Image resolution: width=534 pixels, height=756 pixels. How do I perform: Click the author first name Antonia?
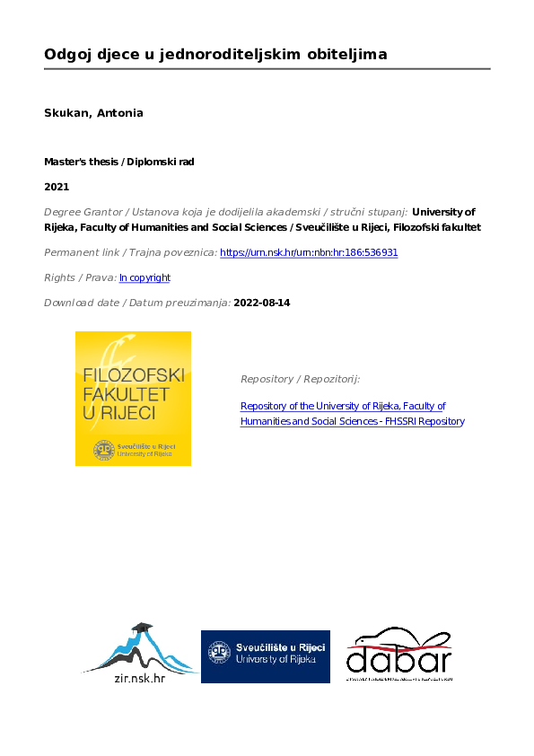pos(120,113)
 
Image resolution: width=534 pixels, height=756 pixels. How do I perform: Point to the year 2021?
pos(56,187)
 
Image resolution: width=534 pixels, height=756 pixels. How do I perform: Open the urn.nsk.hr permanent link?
pos(309,253)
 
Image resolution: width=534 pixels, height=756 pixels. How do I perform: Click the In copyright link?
pos(144,278)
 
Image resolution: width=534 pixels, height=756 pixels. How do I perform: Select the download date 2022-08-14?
pos(261,303)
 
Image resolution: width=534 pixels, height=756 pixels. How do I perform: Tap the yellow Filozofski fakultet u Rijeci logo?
pos(133,399)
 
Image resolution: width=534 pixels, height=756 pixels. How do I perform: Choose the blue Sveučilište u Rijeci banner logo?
pos(265,656)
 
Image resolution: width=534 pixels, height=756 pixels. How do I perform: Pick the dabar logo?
pos(398,655)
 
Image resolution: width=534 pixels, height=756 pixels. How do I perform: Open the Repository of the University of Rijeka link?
pos(343,407)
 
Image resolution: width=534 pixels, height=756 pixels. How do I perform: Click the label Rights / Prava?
pos(80,278)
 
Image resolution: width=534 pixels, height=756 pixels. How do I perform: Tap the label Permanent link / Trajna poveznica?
pos(130,253)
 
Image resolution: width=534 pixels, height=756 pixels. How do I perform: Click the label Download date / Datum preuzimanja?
pos(136,303)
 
